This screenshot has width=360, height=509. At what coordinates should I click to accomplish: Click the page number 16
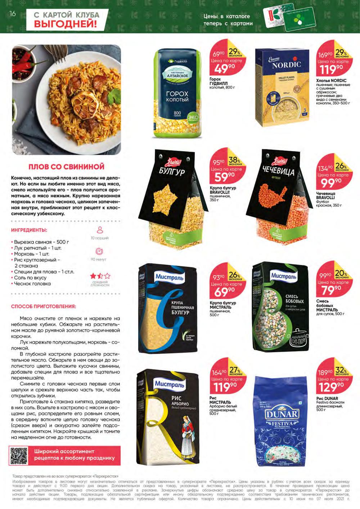(12, 14)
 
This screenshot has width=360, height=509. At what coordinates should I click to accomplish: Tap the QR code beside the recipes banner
(19, 455)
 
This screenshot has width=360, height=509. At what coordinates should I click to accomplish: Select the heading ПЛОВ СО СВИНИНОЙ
(66, 167)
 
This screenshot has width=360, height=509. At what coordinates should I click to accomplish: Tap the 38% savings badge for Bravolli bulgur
(235, 161)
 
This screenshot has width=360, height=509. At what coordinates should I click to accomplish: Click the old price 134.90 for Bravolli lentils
(325, 168)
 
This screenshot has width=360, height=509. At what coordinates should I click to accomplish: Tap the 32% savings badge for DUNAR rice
(341, 371)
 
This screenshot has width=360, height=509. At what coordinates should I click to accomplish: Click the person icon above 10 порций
(100, 230)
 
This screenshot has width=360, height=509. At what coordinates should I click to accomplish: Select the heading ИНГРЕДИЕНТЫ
(29, 230)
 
